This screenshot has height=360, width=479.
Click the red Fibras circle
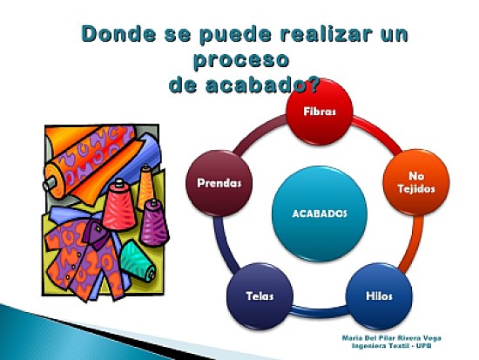click(x=320, y=112)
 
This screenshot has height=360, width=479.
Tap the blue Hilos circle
click(x=379, y=295)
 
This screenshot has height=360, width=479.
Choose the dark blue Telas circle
click(x=260, y=295)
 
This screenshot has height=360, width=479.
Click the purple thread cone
click(x=154, y=221)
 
